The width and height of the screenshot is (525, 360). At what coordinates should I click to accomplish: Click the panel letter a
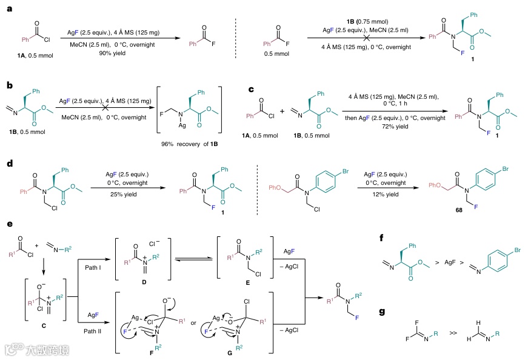coord(8,8)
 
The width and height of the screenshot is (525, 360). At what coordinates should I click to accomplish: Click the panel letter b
coord(8,87)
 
